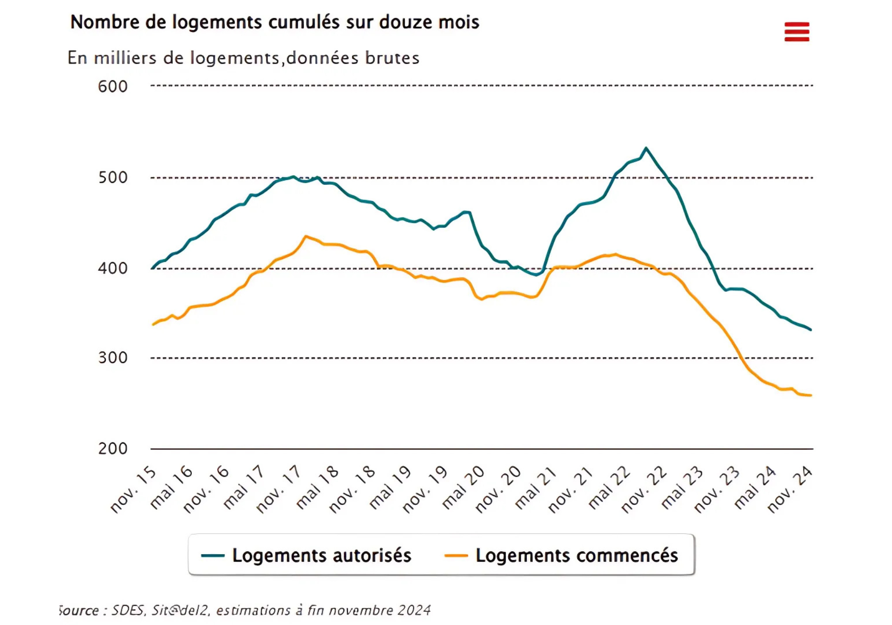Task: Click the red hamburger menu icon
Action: [797, 32]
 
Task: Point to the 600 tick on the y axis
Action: [112, 87]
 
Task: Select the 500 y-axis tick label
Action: [112, 177]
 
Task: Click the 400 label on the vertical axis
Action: [112, 268]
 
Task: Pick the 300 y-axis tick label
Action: [112, 357]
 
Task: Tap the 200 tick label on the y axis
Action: [112, 448]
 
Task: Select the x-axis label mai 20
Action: [463, 487]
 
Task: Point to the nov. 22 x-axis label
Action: [644, 490]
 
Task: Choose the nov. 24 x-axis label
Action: [789, 490]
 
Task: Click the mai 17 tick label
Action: [243, 487]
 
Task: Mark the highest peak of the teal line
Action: [646, 148]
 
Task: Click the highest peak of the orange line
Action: [306, 236]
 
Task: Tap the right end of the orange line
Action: [811, 395]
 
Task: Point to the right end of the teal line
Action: [811, 330]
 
